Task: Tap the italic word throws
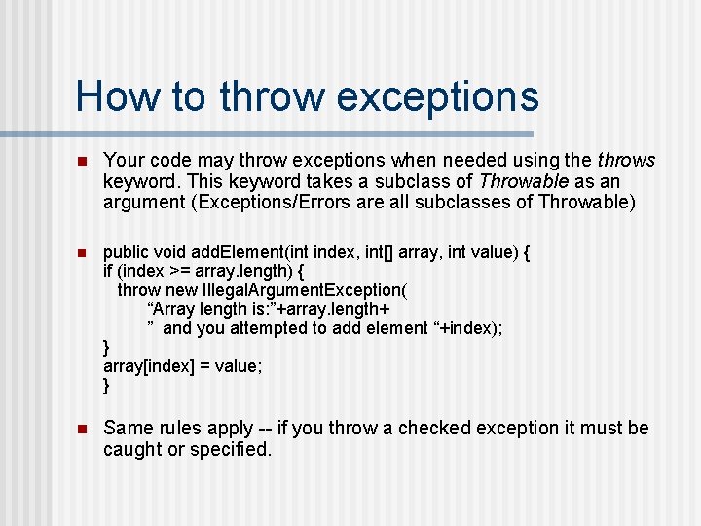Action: pos(627,160)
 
